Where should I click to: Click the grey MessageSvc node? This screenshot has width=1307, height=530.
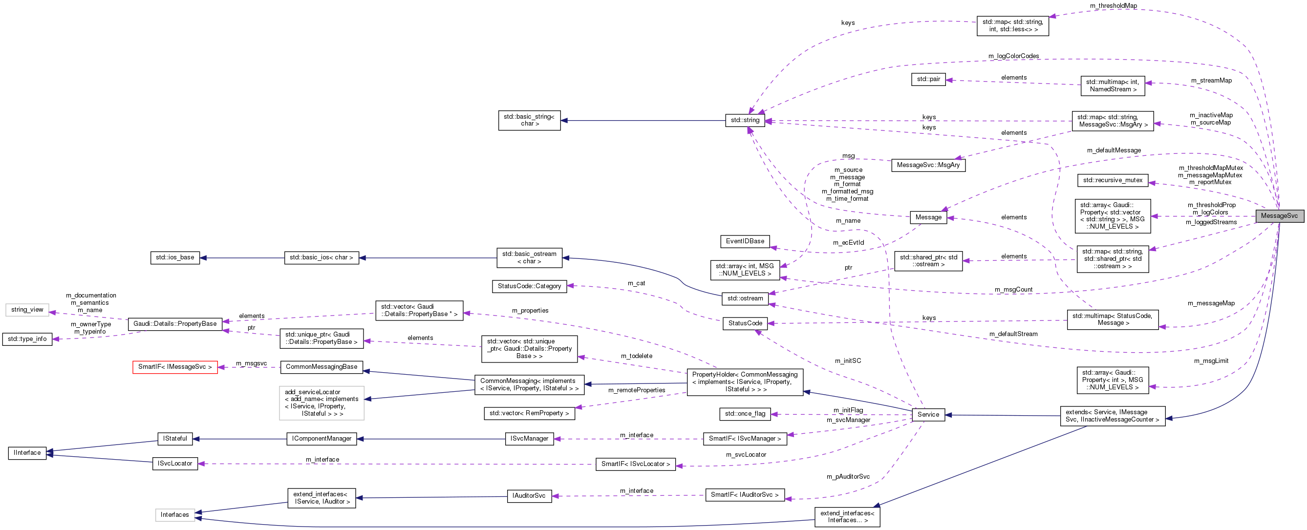click(1279, 215)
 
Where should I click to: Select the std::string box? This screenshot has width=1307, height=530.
click(745, 120)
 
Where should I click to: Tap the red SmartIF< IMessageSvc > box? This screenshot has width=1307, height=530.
click(175, 367)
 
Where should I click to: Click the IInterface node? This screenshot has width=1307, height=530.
click(27, 452)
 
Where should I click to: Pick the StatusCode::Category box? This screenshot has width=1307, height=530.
click(529, 286)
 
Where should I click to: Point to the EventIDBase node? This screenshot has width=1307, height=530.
click(745, 241)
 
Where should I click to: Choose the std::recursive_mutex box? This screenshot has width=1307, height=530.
click(1113, 180)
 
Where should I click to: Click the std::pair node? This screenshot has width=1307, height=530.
click(928, 79)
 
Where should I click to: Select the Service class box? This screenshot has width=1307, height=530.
click(928, 414)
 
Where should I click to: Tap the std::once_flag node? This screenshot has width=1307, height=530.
click(745, 414)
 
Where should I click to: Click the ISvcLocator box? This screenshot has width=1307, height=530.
click(174, 464)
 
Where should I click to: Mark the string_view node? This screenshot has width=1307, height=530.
click(27, 309)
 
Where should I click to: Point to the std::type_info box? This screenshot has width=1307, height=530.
click(27, 339)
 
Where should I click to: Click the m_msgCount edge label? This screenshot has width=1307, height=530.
click(1013, 290)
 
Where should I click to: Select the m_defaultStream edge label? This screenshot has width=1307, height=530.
click(1013, 334)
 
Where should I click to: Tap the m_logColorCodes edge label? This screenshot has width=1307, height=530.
click(1013, 56)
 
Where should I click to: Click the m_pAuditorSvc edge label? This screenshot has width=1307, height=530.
click(848, 477)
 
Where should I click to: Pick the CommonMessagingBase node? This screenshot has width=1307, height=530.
click(321, 367)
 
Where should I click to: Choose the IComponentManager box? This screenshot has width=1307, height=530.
click(321, 439)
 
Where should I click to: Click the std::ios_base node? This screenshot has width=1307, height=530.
click(175, 257)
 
